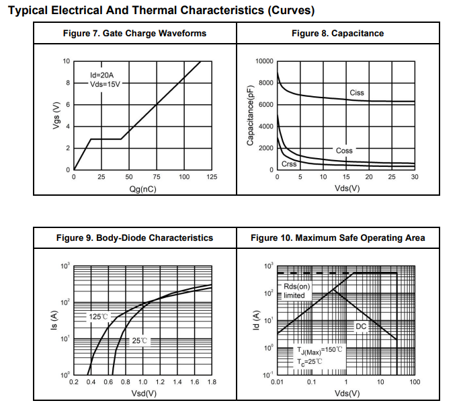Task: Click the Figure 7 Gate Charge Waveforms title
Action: point(134,33)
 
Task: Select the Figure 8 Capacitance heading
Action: point(337,33)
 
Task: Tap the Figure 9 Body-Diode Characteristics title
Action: point(134,237)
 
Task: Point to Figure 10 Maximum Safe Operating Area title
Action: point(337,237)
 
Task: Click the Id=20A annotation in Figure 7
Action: point(103,75)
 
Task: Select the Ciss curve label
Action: point(358,93)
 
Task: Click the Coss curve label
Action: point(344,151)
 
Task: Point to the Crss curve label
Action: point(289,164)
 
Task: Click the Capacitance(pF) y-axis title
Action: point(250,116)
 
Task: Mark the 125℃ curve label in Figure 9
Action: point(99,316)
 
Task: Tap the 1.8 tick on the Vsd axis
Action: point(212,381)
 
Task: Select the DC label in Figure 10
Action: point(361,326)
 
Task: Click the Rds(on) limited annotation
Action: point(294,291)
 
